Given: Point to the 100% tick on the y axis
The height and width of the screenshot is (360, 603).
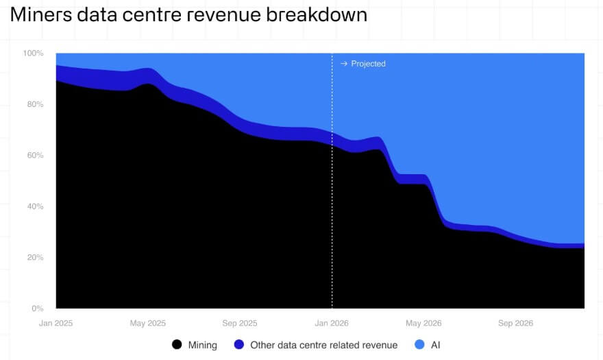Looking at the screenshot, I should (34, 53).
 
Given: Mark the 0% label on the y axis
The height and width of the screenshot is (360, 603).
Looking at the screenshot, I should (38, 309).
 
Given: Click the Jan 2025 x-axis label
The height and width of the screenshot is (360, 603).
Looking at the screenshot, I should (56, 323).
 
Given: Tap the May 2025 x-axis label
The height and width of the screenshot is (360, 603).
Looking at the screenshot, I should (148, 323).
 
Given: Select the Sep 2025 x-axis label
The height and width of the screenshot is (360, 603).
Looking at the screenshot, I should (240, 323).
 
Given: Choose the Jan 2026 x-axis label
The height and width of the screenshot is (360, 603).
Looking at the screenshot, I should (332, 323).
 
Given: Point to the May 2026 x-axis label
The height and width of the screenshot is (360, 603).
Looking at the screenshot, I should (423, 323).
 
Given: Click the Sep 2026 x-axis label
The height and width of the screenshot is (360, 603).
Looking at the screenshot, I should (515, 323).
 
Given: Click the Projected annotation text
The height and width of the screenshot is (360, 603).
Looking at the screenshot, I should (368, 64).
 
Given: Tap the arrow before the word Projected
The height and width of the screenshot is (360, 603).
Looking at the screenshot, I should (344, 64).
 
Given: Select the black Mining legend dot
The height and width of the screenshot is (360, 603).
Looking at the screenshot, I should (177, 345).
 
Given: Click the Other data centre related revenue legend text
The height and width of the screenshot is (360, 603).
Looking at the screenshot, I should (323, 345).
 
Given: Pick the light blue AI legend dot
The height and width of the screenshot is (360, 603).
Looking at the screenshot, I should (419, 345).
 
